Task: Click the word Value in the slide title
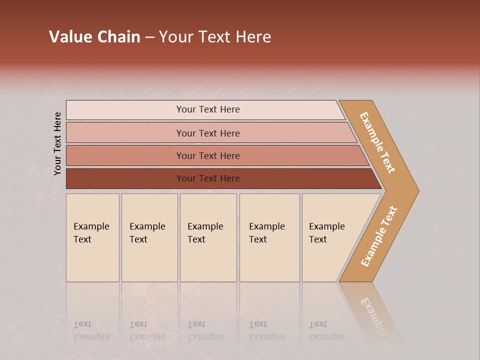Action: [70, 37]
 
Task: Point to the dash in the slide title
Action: [149, 37]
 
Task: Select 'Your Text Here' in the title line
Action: [215, 37]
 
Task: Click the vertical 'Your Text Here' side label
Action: [57, 143]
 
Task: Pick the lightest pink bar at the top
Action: [207, 109]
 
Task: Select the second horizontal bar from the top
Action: [207, 133]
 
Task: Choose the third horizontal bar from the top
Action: [207, 155]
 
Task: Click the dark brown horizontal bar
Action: [207, 178]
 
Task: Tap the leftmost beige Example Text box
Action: [92, 237]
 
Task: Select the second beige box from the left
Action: [149, 237]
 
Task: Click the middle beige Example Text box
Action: [208, 237]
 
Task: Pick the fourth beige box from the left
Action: [269, 237]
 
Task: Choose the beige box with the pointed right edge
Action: [330, 237]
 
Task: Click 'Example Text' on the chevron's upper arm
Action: [377, 142]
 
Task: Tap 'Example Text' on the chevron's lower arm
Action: [379, 236]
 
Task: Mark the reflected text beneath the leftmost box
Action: [91, 330]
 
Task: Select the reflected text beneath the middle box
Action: [205, 330]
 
